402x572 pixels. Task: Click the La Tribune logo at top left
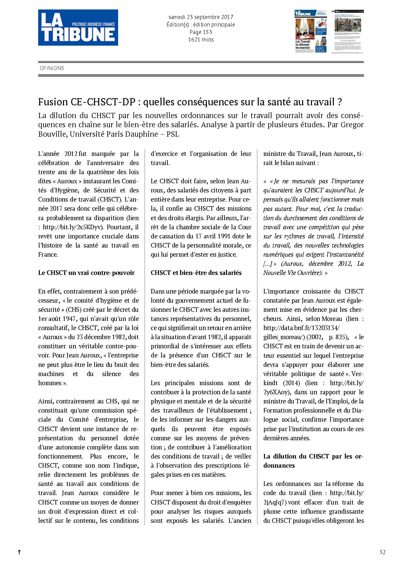(x=78, y=27)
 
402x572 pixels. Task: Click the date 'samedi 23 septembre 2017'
(x=201, y=17)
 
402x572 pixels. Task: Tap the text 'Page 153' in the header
(x=201, y=32)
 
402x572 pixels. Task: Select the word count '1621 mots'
(x=201, y=39)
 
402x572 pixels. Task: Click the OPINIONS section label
(x=52, y=68)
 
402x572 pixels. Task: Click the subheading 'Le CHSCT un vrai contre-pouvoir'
(x=86, y=273)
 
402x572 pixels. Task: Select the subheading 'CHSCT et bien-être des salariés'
(x=196, y=273)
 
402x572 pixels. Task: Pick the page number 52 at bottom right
(x=382, y=552)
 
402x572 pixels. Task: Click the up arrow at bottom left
(x=19, y=552)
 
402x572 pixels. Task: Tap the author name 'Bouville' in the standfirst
(x=52, y=134)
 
